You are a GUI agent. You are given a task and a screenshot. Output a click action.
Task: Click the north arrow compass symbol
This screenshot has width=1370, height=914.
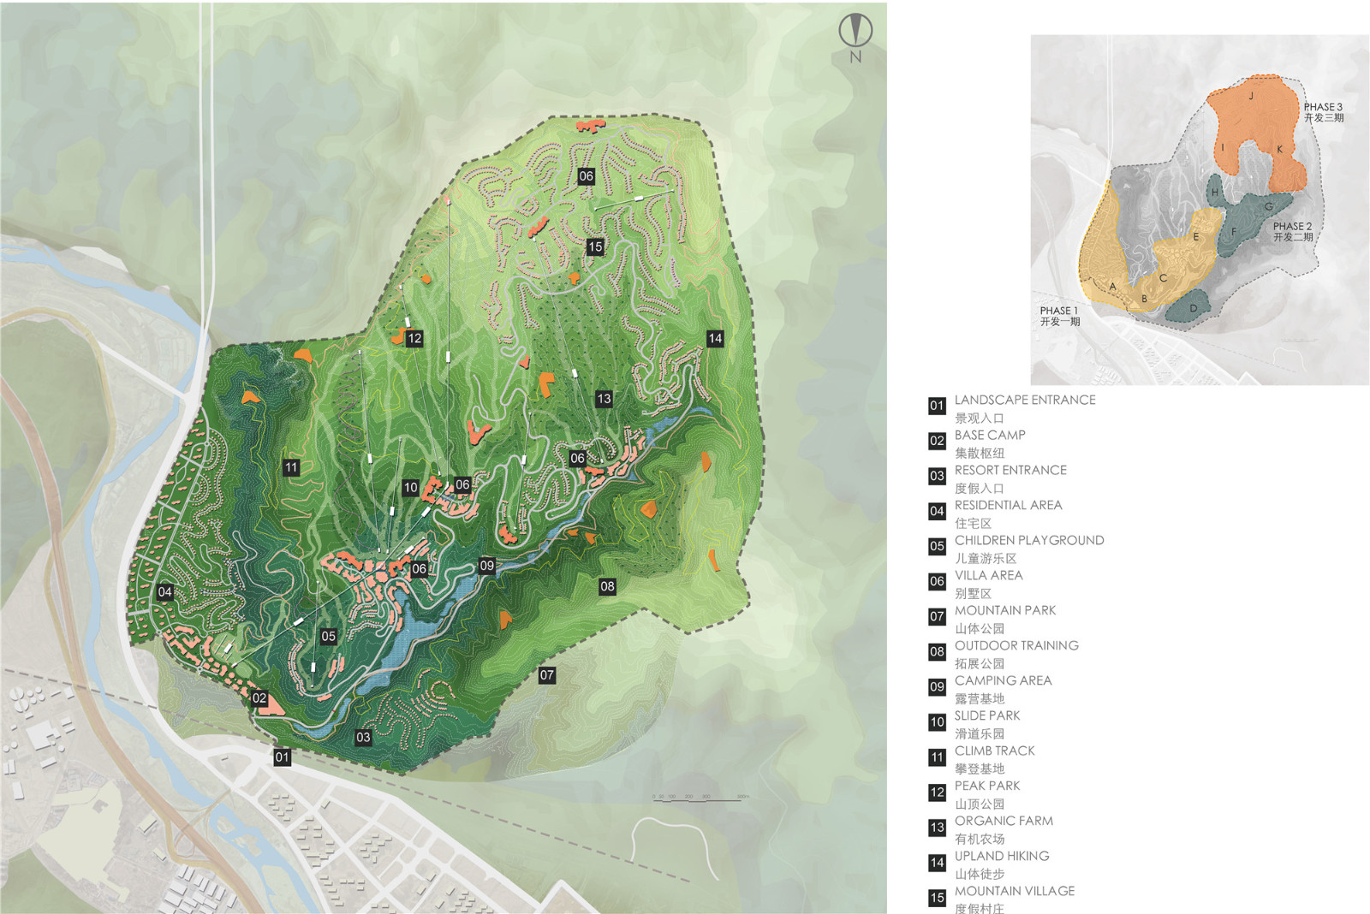click(855, 32)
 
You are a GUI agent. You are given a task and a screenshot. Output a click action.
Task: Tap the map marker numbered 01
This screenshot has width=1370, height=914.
click(282, 757)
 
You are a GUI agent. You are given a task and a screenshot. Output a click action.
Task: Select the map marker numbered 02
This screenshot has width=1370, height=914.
click(259, 698)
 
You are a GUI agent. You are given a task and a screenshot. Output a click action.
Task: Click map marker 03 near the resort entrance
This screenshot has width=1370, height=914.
click(363, 737)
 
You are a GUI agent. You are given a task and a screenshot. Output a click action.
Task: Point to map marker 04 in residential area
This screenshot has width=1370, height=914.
click(165, 591)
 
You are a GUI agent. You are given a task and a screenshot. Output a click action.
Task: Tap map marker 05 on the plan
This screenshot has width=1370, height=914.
click(328, 636)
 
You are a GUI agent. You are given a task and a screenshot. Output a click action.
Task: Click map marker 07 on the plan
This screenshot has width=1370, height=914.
click(546, 675)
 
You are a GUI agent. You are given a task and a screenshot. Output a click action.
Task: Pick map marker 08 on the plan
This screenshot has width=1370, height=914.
click(607, 586)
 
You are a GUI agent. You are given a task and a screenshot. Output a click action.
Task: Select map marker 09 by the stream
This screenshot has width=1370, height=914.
click(486, 565)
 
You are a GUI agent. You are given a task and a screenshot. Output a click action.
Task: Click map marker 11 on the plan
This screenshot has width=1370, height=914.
click(291, 467)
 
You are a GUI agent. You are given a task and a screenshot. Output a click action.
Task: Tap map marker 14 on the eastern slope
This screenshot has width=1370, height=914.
click(715, 338)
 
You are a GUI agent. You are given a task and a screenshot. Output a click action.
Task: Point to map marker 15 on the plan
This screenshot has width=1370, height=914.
click(595, 246)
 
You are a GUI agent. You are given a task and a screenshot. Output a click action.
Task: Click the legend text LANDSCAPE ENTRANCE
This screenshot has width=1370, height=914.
click(1024, 400)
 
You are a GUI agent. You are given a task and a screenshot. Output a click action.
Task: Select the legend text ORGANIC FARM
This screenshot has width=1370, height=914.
click(1004, 821)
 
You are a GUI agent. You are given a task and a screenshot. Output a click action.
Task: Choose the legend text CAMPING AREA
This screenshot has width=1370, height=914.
click(1003, 680)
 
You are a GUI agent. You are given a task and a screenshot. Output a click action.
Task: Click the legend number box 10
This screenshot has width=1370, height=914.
click(937, 722)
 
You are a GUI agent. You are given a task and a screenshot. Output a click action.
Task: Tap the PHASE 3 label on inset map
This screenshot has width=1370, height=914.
click(1323, 107)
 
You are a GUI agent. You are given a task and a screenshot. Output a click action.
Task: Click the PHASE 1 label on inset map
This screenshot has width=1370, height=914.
click(1058, 311)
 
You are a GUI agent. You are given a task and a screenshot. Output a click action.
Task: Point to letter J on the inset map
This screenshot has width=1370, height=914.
click(1251, 96)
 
